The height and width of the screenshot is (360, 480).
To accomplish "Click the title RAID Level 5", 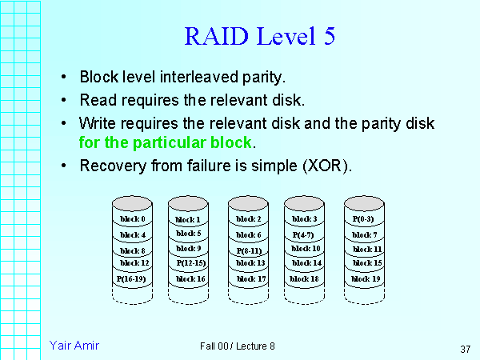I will (259, 37).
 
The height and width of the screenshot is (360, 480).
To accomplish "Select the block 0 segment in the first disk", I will (132, 219).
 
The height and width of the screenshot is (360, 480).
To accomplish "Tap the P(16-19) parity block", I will (132, 278).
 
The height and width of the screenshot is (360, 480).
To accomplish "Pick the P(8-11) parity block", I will (249, 250).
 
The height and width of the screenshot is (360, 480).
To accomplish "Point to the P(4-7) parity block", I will (305, 234).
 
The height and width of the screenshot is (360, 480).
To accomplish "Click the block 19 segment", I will (365, 278).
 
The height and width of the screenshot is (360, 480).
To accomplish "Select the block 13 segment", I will (249, 263).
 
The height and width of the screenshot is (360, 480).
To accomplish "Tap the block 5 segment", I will (188, 234).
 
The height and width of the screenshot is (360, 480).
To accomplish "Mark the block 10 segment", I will (305, 249).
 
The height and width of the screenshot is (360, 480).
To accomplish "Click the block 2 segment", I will (249, 219).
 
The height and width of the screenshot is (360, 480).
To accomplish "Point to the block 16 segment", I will (190, 278).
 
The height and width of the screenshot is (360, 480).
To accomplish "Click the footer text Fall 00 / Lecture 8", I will (238, 346).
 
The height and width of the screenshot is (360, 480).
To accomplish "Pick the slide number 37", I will (465, 349).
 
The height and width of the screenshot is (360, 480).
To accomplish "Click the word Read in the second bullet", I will (97, 101).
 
